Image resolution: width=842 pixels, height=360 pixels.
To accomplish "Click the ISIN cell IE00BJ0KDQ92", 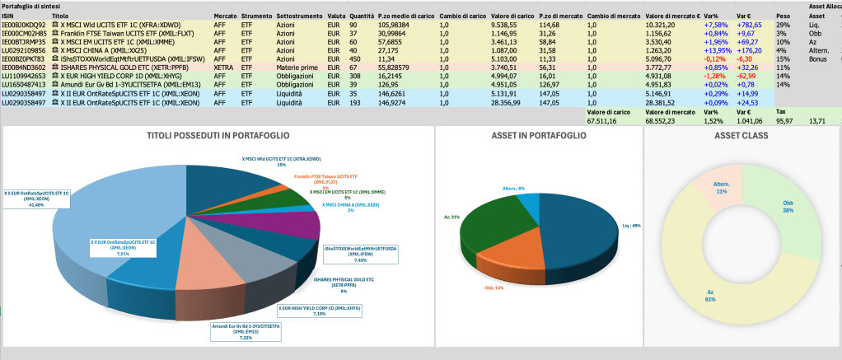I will coord(23,25).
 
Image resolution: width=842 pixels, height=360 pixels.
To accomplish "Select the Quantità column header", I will coord(337,16).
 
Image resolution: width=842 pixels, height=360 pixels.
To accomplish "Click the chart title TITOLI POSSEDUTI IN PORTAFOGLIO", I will coord(218,135).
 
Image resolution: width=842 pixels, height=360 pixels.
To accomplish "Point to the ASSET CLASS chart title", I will coord(742,135).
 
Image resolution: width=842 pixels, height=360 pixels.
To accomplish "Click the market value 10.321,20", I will coord(664,25).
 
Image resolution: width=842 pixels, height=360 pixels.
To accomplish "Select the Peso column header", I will coord(784,16).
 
